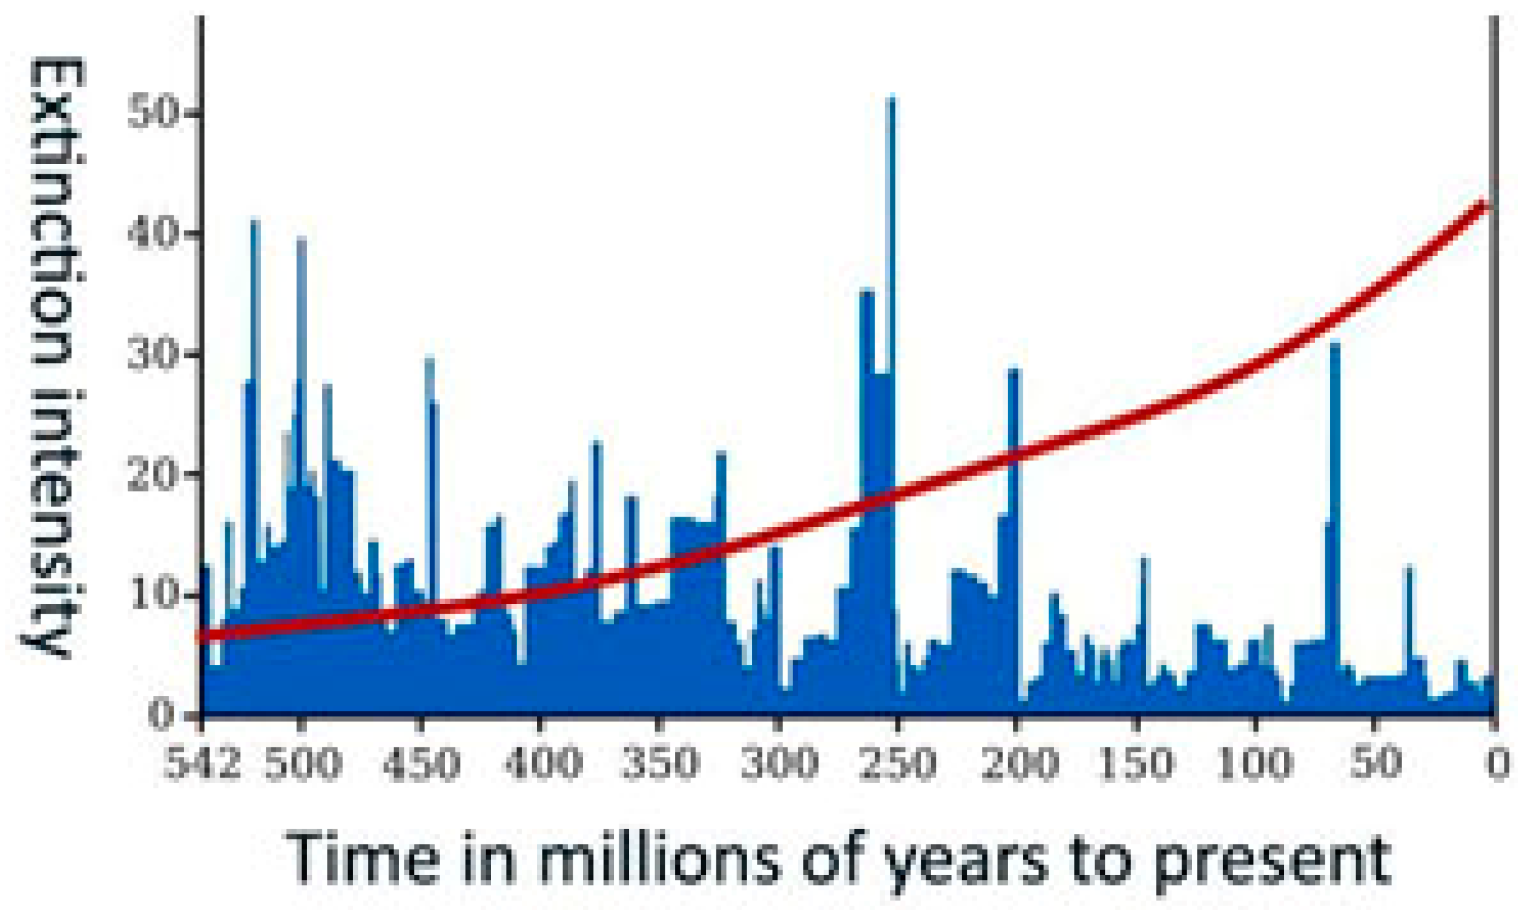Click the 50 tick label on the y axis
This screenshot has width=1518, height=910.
[153, 114]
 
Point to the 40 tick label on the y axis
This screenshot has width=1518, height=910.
[153, 234]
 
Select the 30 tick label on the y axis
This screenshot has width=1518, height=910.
[153, 355]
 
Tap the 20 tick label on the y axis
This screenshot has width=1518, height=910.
[153, 475]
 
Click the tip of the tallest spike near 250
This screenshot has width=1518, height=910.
[892, 97]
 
